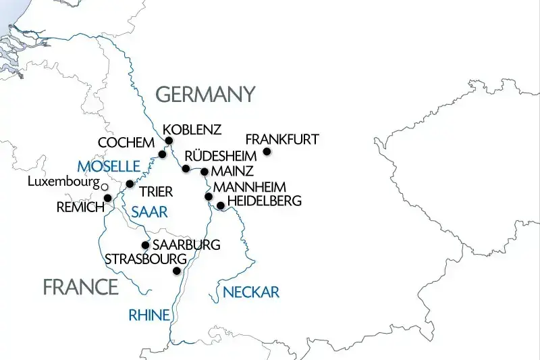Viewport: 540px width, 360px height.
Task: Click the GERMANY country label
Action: [206, 94]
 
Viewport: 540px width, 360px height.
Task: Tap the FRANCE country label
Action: [80, 287]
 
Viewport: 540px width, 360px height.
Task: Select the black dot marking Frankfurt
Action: [267, 152]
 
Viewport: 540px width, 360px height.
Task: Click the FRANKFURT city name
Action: [281, 140]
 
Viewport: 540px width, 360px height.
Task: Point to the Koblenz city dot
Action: [169, 141]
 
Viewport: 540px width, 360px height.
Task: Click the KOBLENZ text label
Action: [192, 129]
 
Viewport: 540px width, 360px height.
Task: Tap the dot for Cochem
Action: [162, 155]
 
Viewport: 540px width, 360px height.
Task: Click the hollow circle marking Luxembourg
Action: [104, 185]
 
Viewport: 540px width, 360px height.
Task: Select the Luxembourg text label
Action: [63, 182]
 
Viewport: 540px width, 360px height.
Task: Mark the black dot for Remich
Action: [107, 198]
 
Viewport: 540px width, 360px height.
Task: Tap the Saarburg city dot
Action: [144, 245]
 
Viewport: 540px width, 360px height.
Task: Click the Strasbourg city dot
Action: [177, 271]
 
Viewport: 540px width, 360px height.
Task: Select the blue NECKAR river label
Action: [250, 292]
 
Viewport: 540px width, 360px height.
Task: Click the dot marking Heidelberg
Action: [220, 205]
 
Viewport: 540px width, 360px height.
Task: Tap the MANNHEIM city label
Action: [249, 186]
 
